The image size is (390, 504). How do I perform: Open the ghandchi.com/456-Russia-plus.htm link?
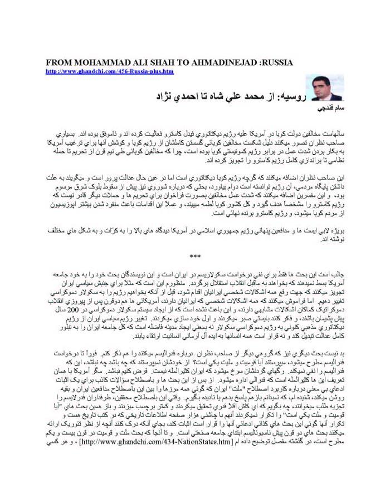(110, 71)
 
